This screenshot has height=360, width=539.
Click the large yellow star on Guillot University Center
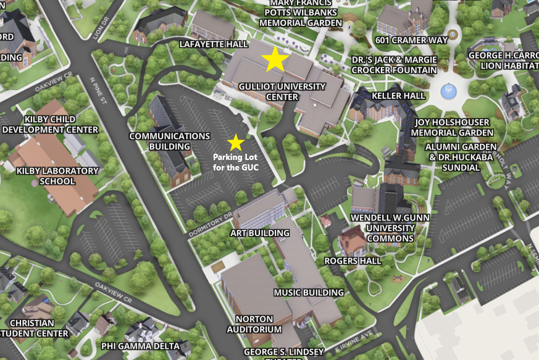(x=275, y=59)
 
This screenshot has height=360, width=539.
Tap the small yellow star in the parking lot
(x=235, y=143)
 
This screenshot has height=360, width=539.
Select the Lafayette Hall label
(x=214, y=44)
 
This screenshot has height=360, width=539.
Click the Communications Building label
(x=169, y=141)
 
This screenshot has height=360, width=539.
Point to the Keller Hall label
(x=398, y=96)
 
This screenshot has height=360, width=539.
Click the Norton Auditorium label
(x=254, y=324)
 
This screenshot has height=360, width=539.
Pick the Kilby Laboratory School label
(x=46, y=176)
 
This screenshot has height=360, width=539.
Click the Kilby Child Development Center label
(x=50, y=124)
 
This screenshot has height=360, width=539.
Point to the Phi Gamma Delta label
(x=140, y=346)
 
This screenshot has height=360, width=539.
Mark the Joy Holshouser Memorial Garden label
(x=452, y=127)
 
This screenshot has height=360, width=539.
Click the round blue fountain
(x=451, y=92)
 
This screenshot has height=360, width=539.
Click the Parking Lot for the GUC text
(x=235, y=162)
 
